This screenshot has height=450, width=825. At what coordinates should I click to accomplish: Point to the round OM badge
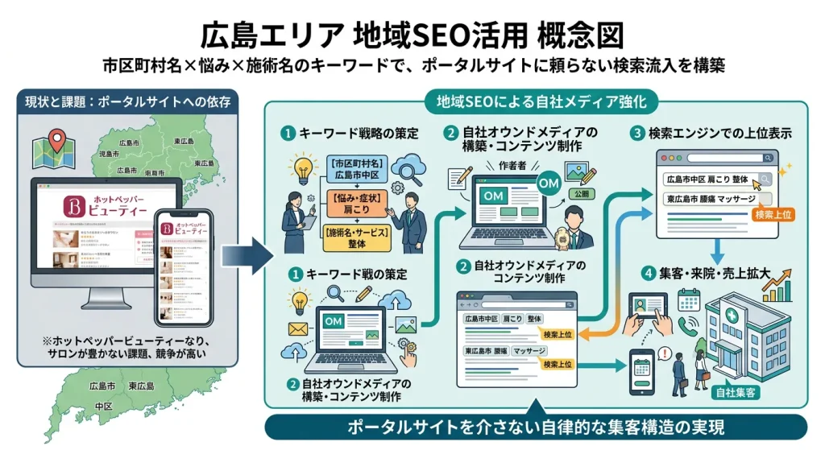point(548,186)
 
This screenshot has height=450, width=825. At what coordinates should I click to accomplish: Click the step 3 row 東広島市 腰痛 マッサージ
point(709,199)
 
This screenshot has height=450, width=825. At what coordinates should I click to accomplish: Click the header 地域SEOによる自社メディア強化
point(536,102)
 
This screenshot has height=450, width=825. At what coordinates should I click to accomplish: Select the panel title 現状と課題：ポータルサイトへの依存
point(128,102)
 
